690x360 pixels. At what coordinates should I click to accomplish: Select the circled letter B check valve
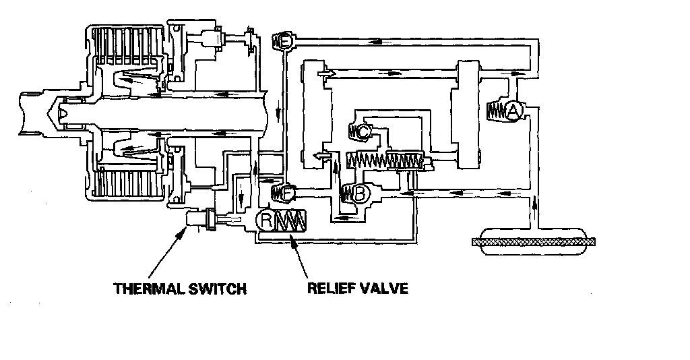coord(360,194)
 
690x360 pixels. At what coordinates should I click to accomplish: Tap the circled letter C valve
coord(363,133)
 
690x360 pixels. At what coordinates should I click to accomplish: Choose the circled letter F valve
coord(286,193)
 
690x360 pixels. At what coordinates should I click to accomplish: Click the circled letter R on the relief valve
coord(268,220)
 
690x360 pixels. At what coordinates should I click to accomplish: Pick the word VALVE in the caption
coord(385,289)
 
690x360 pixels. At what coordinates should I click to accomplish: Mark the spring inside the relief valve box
coord(291,220)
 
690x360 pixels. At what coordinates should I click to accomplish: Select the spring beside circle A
coord(495,111)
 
